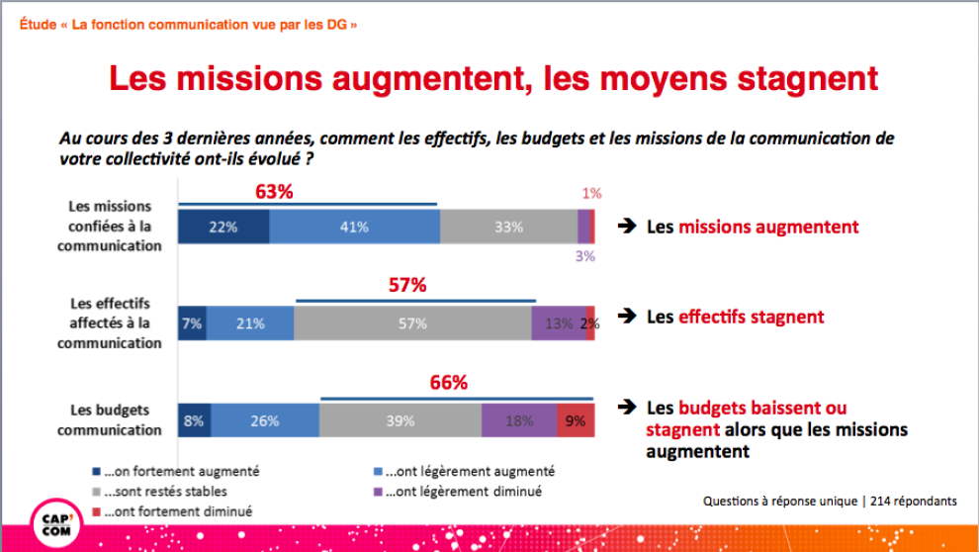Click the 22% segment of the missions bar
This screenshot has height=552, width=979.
[x=223, y=227]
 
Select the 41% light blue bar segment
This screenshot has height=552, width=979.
[x=354, y=227]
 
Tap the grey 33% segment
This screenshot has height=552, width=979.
[x=508, y=227]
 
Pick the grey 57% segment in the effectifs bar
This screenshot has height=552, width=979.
[x=412, y=323]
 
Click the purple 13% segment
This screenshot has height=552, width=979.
[x=558, y=323]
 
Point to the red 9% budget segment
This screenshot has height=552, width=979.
[x=575, y=420]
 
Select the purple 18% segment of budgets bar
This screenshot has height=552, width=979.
[x=519, y=420]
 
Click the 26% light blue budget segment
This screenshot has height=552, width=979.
[x=264, y=420]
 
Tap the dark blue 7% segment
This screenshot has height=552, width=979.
[x=192, y=323]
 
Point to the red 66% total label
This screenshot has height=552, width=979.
[x=448, y=383]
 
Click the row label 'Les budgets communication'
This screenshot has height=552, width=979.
[x=109, y=420]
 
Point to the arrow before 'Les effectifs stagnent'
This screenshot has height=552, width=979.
[x=626, y=317]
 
